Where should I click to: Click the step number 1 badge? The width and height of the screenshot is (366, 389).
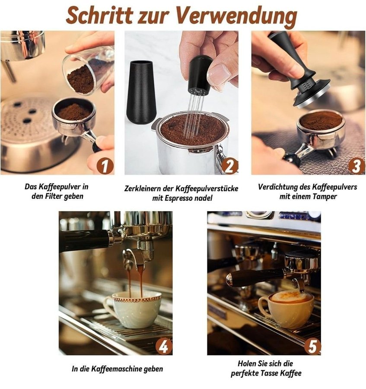click(x=105, y=166)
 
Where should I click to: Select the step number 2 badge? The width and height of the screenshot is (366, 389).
click(x=229, y=166)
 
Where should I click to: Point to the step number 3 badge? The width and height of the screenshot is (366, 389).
click(x=356, y=166)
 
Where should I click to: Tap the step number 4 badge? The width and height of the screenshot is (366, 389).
click(x=164, y=346)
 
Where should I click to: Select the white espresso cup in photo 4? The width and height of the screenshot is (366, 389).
click(x=134, y=309)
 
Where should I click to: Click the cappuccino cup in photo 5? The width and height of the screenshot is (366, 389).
click(x=285, y=309)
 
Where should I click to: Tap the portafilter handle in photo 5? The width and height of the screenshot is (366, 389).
click(x=255, y=277)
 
